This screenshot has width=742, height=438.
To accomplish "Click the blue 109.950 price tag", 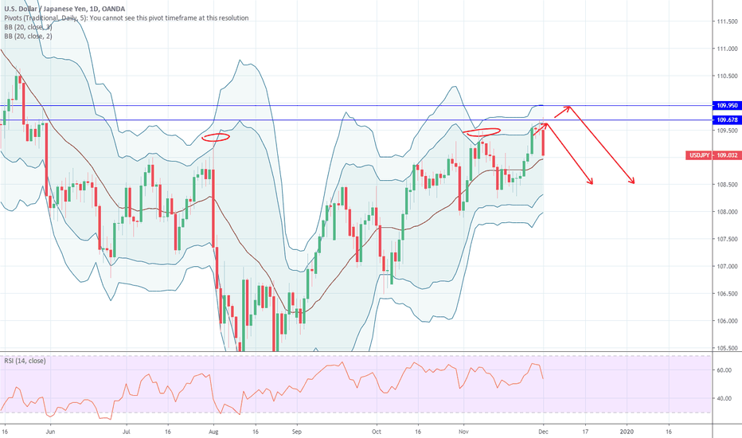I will coord(726,105).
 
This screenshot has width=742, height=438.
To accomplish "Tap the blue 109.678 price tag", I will coord(726,120).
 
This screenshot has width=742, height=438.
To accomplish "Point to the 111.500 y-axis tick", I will coord(726,22).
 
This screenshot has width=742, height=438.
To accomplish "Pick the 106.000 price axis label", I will coord(726,321).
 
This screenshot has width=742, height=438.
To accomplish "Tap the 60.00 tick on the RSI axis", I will coord(723,370).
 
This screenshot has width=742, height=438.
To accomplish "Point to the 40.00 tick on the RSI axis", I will coord(723,398).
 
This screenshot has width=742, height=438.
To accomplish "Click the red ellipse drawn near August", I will coord(216,137).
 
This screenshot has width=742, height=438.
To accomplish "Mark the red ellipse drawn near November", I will coord(482,131).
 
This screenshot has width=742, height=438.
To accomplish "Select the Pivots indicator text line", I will coord(125,18).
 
